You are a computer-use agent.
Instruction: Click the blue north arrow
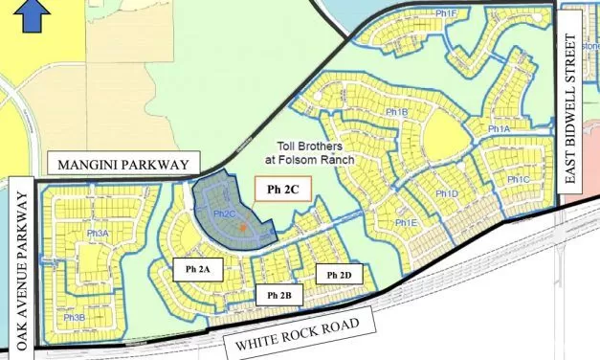(35, 12)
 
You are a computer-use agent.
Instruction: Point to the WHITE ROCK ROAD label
(293, 331)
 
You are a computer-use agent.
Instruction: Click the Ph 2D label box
(340, 276)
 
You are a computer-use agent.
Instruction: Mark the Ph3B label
(75, 317)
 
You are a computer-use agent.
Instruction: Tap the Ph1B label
(397, 113)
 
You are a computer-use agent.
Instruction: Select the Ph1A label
(499, 128)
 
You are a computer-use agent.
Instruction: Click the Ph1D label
(448, 195)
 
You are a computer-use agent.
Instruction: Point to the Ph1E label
(407, 223)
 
